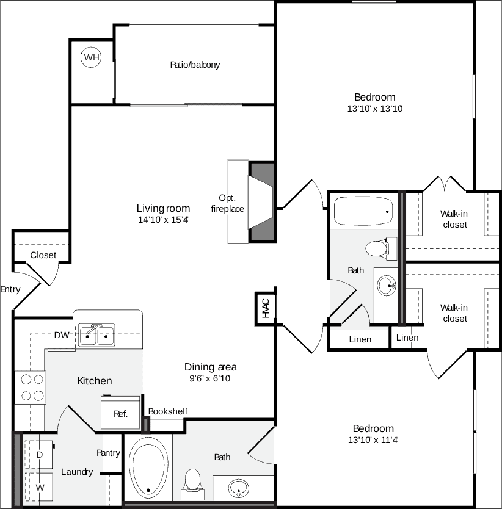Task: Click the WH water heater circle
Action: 92,57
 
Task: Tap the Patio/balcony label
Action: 195,65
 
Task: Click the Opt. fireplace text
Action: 227,203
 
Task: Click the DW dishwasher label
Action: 62,335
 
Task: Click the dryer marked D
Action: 39,455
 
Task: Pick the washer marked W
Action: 39,488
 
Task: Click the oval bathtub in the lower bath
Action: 149,467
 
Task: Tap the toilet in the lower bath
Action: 194,481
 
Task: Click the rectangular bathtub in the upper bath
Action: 364,211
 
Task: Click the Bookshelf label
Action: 167,411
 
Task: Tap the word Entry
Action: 10,289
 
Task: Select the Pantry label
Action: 108,453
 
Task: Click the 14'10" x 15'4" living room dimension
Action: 162,220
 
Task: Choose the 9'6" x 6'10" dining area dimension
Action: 210,378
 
